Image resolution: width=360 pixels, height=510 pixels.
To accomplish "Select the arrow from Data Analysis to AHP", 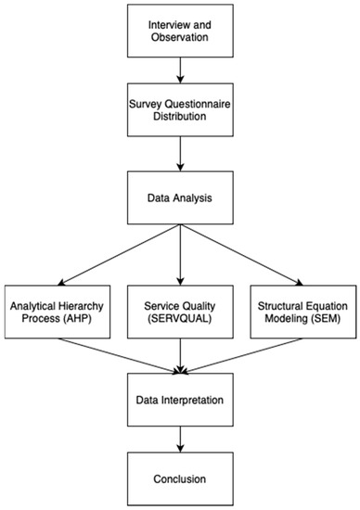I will click(x=121, y=256).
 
